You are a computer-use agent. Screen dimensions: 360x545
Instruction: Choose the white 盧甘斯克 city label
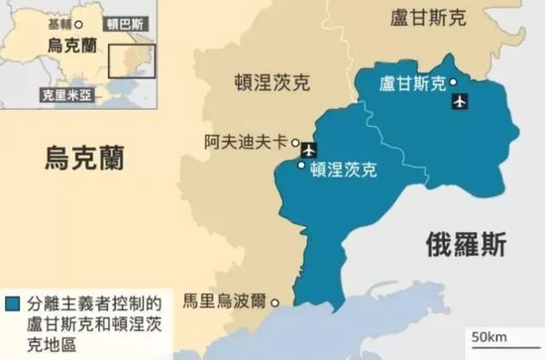click(x=412, y=84)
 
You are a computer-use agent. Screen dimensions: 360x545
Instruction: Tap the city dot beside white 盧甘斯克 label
click(x=453, y=81)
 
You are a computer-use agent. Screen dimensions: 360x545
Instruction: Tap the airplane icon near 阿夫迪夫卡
click(x=308, y=150)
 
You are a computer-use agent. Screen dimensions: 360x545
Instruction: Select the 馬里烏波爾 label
click(x=224, y=299)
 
